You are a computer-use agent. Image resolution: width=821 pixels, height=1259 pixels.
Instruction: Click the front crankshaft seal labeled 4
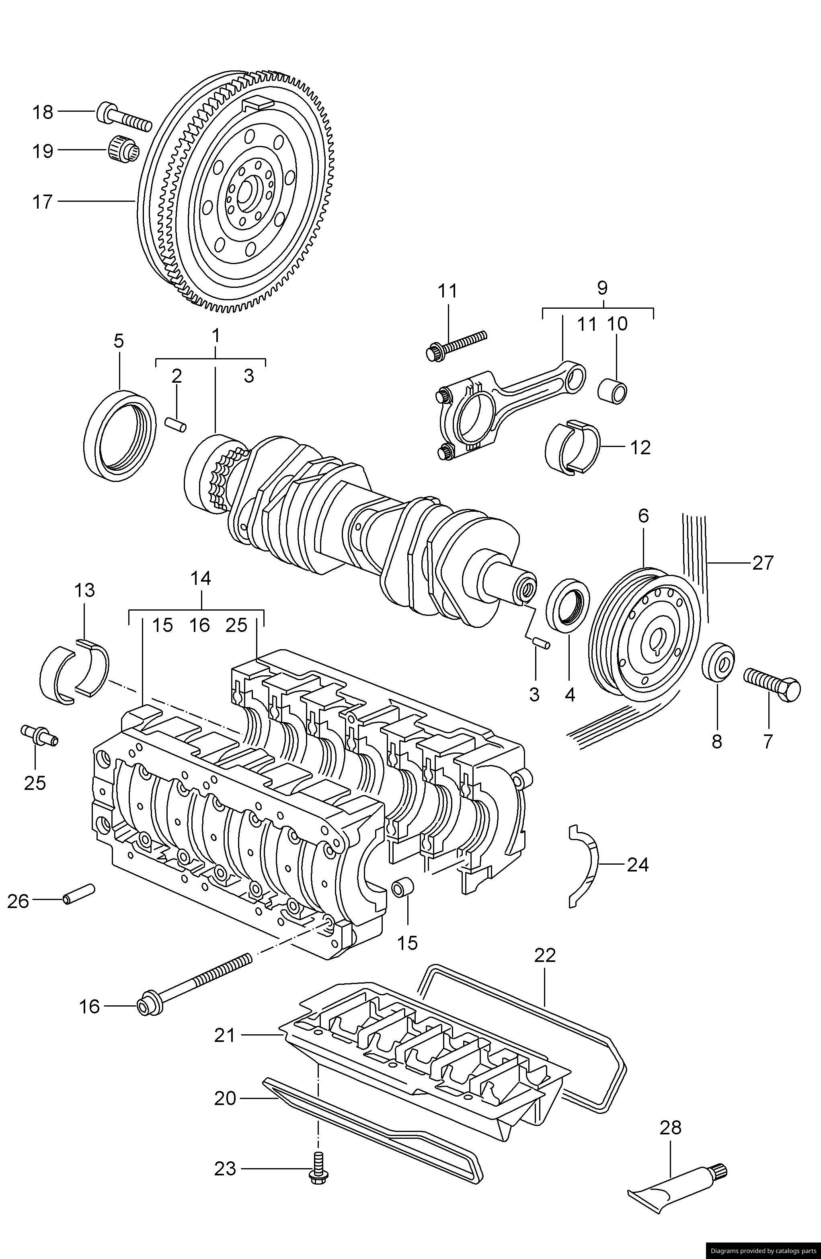click(567, 605)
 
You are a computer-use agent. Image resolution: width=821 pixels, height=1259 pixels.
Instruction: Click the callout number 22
click(546, 956)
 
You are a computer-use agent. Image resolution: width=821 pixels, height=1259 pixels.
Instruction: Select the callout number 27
click(763, 562)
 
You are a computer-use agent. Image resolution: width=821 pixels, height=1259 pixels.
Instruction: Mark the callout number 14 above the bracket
click(201, 578)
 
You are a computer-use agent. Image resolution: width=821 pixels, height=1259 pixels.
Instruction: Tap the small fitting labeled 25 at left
click(39, 735)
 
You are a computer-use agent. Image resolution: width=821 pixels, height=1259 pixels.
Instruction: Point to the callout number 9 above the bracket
click(603, 288)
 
